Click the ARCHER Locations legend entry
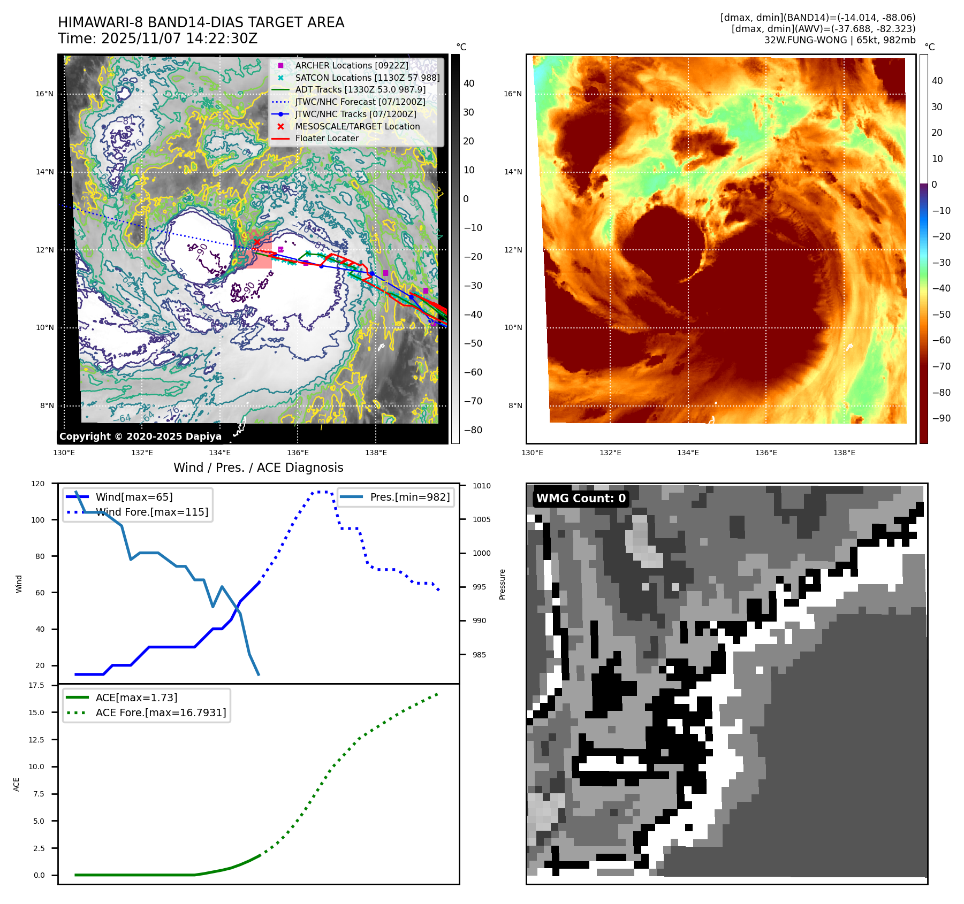(351, 65)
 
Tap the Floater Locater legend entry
(327, 138)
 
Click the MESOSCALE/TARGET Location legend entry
(357, 126)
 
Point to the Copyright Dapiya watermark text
(140, 436)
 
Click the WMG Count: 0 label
(581, 499)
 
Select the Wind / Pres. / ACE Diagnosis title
(258, 468)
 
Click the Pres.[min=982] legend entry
(409, 497)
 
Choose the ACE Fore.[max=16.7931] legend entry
(161, 713)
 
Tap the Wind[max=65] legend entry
(134, 497)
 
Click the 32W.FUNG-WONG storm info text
(839, 40)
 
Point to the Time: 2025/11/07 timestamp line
(158, 39)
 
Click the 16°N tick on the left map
(45, 94)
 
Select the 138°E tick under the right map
(844, 453)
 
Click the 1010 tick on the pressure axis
(481, 486)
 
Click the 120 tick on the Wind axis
(38, 484)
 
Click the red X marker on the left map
(257, 242)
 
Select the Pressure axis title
(502, 584)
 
